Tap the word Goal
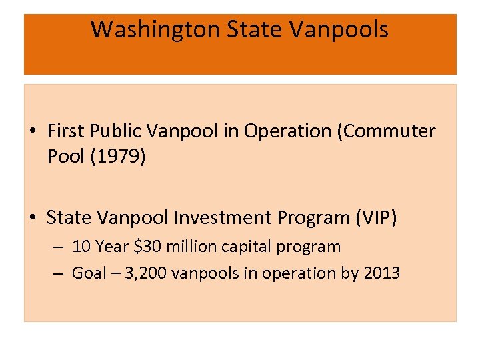coord(89,273)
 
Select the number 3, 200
coord(140,273)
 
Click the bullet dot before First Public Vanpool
coord(32,131)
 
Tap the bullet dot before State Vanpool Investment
coord(32,218)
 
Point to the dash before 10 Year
coord(59,247)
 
